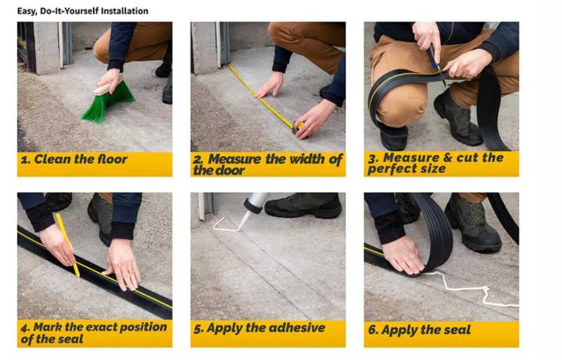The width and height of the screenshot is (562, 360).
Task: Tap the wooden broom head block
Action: point(107,87)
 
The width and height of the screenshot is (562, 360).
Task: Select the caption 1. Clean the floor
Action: point(74,159)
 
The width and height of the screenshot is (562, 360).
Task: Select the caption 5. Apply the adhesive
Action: point(260,328)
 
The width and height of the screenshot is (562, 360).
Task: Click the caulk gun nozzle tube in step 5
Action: point(254,205)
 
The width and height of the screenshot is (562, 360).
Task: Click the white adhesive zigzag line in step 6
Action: point(471,287)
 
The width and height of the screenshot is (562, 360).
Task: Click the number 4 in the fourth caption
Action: point(24,328)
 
